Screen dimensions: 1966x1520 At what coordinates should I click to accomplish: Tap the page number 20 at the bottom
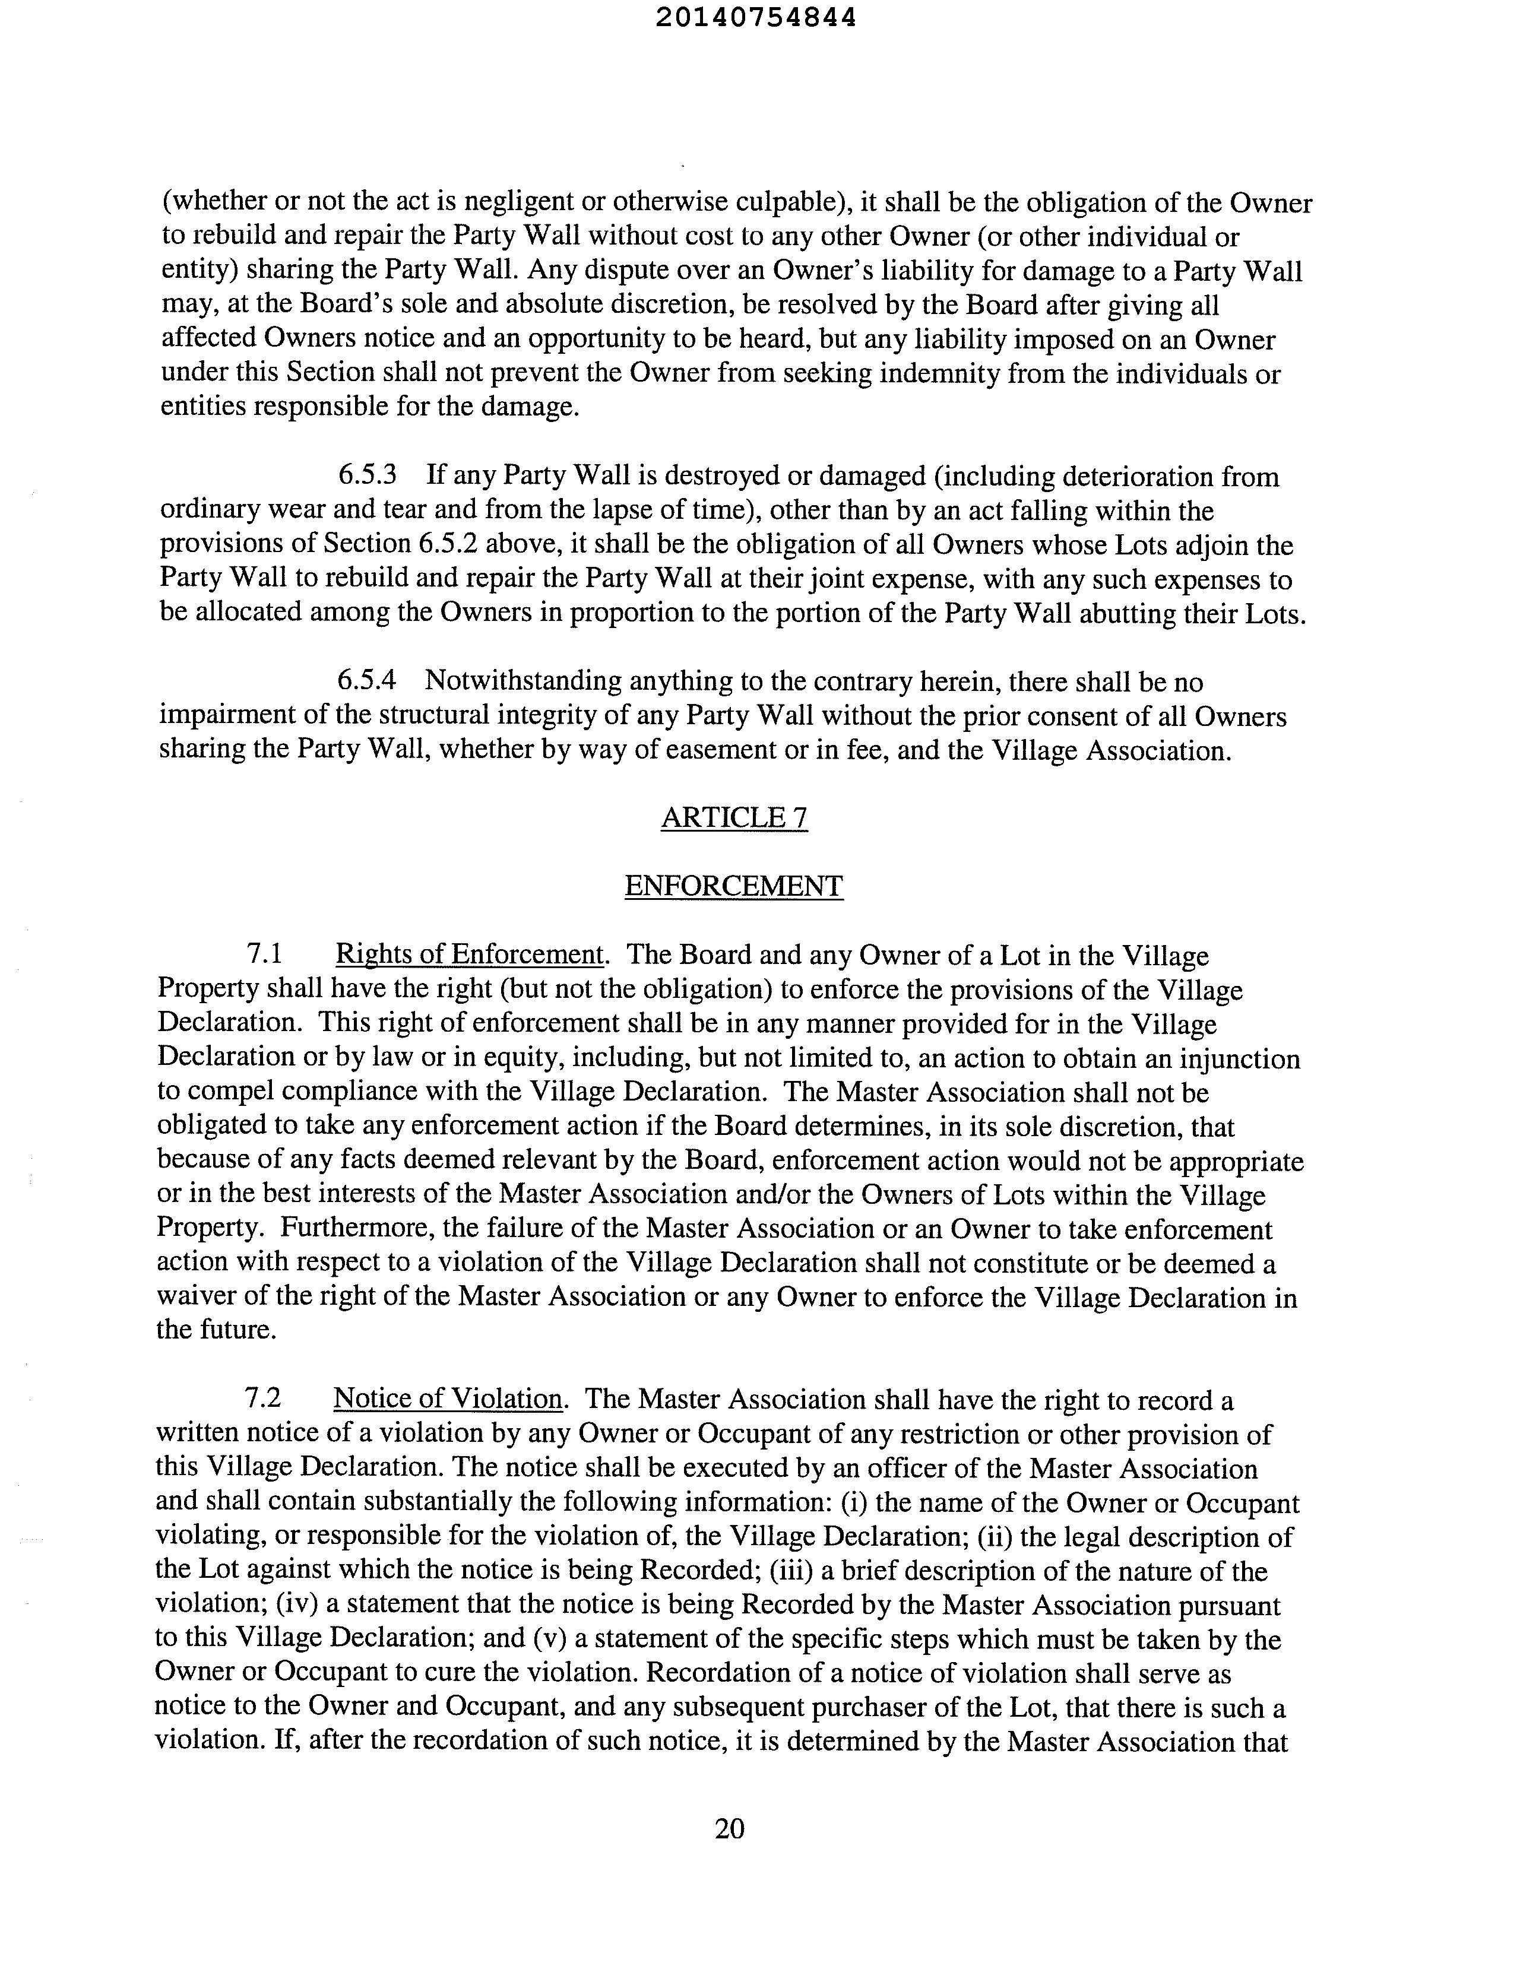[x=729, y=1828]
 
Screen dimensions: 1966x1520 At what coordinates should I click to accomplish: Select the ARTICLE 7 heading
[x=734, y=817]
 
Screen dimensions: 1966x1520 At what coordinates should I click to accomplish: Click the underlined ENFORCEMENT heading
[x=734, y=886]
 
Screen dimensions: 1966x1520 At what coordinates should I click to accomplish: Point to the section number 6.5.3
[x=366, y=475]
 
